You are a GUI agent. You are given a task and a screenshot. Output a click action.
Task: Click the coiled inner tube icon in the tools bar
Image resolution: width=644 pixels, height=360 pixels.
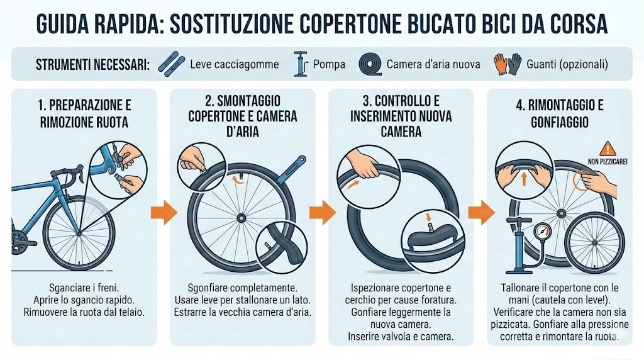coord(370,64)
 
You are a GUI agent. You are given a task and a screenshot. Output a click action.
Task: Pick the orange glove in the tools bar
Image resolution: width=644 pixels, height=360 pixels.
coord(501,63)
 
